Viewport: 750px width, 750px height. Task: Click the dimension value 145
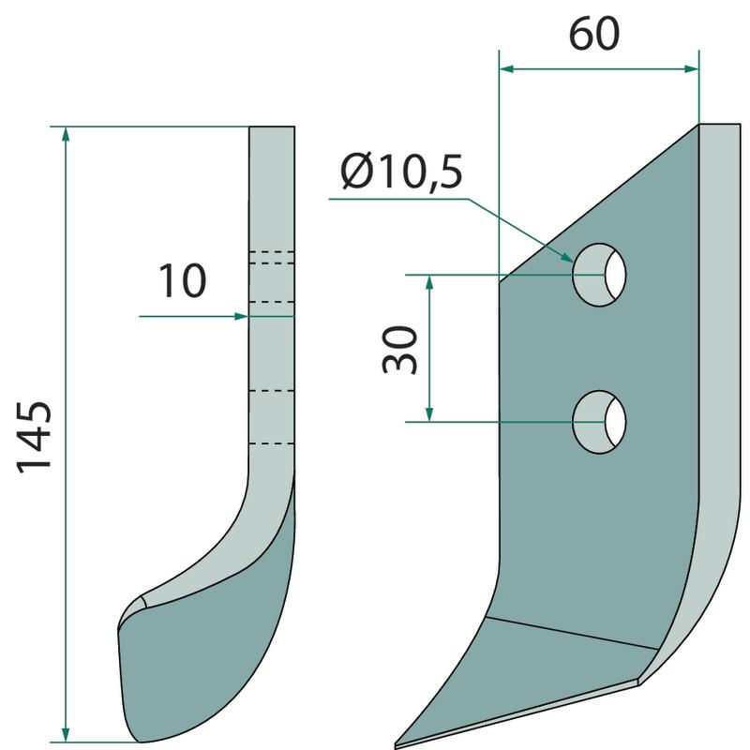[x=35, y=437]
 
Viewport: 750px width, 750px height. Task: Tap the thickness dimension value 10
[x=182, y=280]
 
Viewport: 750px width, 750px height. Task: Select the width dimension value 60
[x=594, y=34]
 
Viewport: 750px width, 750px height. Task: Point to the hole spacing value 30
[x=400, y=349]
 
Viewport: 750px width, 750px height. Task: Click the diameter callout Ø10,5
[x=402, y=172]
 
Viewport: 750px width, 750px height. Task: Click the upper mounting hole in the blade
[x=599, y=275]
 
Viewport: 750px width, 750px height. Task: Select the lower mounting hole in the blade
[x=599, y=422]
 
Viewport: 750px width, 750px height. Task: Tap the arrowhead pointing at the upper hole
[x=566, y=257]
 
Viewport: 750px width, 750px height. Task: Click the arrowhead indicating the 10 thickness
[x=241, y=316]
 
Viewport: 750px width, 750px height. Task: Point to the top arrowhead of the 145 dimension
[x=66, y=134]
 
